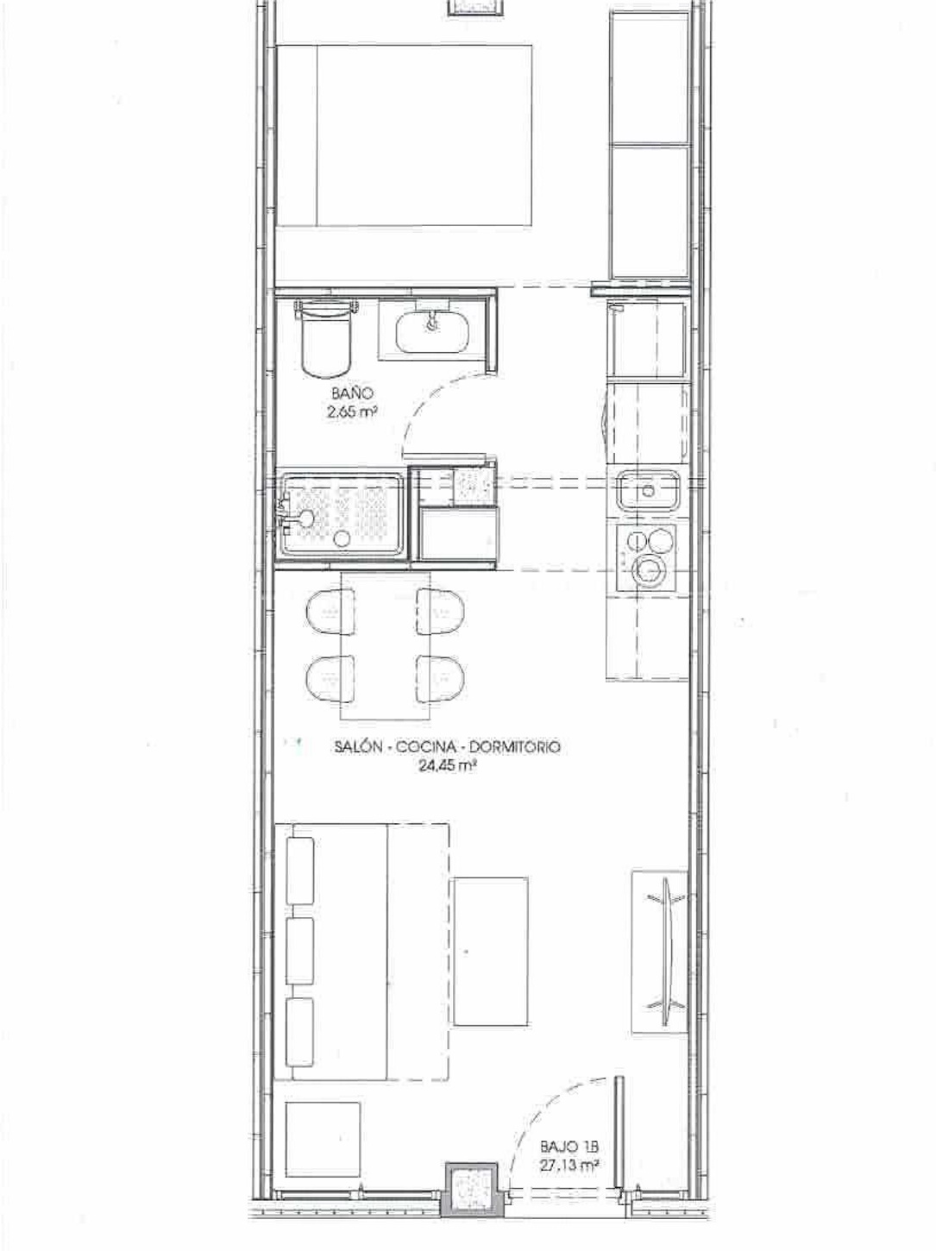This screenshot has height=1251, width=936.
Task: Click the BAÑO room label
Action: [x=352, y=393]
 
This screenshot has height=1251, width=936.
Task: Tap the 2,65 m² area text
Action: [x=353, y=412]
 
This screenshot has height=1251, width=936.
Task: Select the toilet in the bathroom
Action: [x=326, y=338]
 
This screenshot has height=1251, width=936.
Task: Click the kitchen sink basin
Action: [x=648, y=489]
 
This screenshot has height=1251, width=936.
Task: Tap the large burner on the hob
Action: [x=649, y=569]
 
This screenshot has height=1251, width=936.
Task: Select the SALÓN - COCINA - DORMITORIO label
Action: [x=448, y=748]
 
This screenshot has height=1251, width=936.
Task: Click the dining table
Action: [x=385, y=645]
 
